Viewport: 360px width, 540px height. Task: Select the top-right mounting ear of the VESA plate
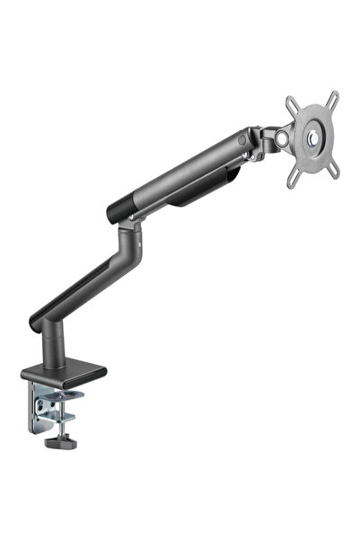point(335,96)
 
